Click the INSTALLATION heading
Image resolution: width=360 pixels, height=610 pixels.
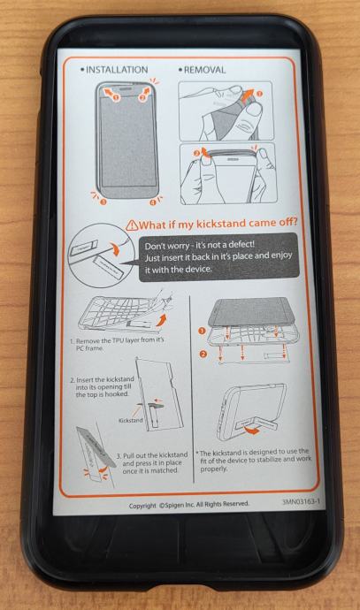[117, 70]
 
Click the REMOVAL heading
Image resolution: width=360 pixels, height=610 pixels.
[204, 70]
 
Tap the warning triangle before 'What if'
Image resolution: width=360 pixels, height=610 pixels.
[132, 225]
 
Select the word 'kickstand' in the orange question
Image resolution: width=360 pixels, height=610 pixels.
[222, 224]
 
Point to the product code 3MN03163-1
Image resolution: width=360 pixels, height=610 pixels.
[302, 501]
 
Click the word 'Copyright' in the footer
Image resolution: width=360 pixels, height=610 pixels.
[142, 506]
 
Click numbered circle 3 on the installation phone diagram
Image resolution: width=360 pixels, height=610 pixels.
[103, 202]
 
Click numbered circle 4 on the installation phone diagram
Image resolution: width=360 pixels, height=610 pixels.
[152, 202]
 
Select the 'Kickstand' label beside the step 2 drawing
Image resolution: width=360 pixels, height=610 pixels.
[131, 420]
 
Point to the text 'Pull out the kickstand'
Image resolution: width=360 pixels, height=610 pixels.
[156, 455]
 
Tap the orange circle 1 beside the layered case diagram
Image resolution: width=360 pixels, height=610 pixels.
[202, 331]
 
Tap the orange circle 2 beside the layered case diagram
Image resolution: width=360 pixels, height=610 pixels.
[203, 354]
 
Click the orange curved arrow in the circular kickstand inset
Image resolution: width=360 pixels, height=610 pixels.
[115, 249]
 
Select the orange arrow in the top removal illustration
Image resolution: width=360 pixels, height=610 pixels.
[247, 97]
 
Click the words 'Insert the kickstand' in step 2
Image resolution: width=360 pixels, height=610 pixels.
[105, 379]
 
